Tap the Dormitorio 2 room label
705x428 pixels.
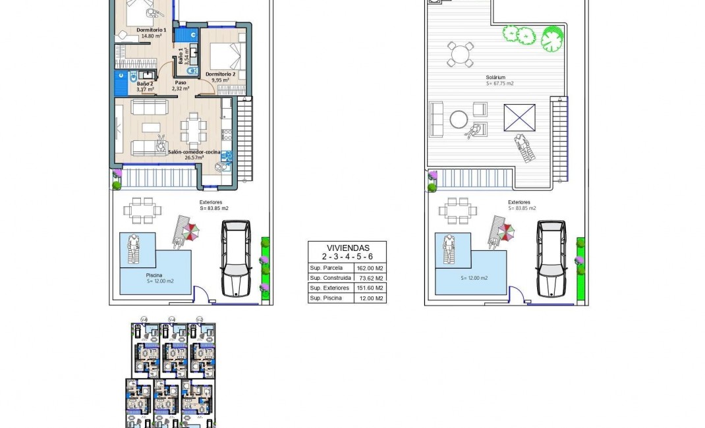coord(220,74)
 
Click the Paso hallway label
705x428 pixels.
coord(181,83)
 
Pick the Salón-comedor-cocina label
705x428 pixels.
coord(194,152)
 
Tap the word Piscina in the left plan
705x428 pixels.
coord(154,276)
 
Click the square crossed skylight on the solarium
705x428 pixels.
coord(519,119)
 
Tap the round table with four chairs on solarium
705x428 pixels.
coord(460,55)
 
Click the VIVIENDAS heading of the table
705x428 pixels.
coord(347,248)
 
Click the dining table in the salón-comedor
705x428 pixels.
coord(193,130)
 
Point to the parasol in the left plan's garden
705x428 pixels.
coord(191,231)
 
